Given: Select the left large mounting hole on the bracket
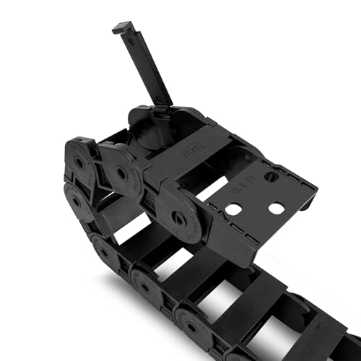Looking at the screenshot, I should tap(233, 210).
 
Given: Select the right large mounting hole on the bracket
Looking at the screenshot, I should tap(276, 208).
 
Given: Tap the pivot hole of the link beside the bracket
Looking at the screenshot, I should tap(175, 214).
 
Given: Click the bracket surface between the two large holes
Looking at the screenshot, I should tap(254, 209).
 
